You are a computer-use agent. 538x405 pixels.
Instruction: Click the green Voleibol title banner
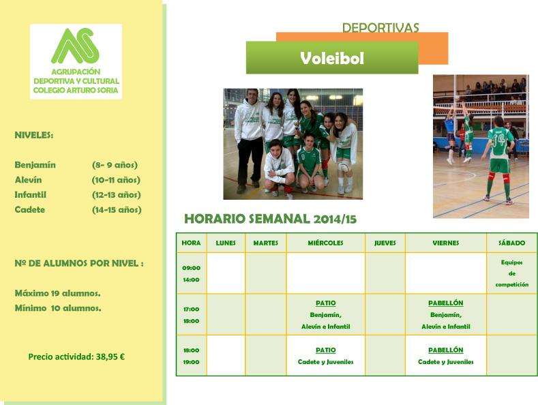[x=332, y=58]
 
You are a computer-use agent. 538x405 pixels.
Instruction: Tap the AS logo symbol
[x=76, y=46]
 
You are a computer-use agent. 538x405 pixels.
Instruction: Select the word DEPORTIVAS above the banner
[x=380, y=27]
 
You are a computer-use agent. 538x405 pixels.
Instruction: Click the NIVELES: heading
[x=34, y=135]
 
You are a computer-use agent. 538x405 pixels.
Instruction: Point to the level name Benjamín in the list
[x=35, y=165]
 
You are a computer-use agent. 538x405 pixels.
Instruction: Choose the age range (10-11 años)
[x=117, y=180]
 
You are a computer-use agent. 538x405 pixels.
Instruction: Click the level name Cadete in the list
[x=30, y=210]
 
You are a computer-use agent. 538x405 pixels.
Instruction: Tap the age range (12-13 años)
[x=117, y=195]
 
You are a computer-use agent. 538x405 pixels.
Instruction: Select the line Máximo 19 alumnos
[x=58, y=293]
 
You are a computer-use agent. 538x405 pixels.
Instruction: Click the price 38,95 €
[x=110, y=357]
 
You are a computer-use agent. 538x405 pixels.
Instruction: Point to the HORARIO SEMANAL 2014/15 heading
[x=271, y=219]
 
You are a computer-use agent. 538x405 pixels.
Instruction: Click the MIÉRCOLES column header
[x=326, y=243]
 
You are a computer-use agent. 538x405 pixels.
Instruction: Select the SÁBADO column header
[x=511, y=243]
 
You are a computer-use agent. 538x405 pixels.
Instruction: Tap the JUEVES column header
[x=385, y=243]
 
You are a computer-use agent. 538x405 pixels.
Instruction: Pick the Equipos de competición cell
[x=511, y=273]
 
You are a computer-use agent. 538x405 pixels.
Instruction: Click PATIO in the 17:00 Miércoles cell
[x=326, y=303]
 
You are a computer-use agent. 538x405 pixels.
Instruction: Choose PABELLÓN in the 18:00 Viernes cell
[x=446, y=350]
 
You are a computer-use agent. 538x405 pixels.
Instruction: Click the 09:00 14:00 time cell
[x=192, y=273]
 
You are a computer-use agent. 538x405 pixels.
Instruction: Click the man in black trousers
[x=250, y=140]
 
